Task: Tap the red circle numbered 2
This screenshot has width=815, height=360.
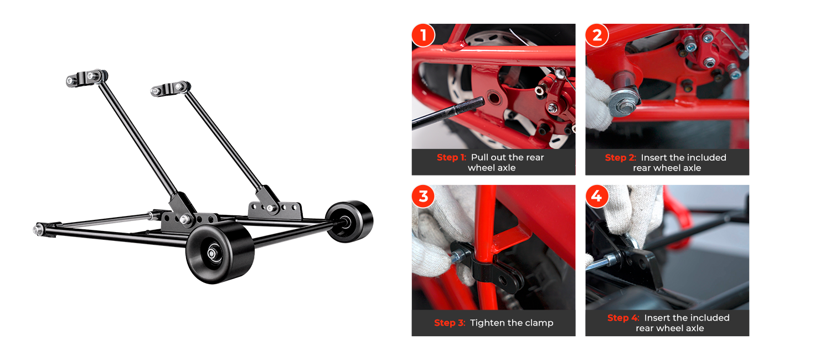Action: point(597,35)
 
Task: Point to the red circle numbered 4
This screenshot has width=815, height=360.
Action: point(597,196)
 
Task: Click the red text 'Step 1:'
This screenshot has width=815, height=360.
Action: point(451,157)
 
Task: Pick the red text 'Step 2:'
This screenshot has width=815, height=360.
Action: point(621,157)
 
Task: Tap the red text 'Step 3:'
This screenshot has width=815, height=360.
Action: point(450,323)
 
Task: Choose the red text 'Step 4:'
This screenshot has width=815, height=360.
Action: point(623,318)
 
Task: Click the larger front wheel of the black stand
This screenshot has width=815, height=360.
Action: point(219,254)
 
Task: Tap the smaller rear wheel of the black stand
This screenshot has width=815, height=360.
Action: point(349,221)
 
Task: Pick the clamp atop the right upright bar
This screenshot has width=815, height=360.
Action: point(170,88)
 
